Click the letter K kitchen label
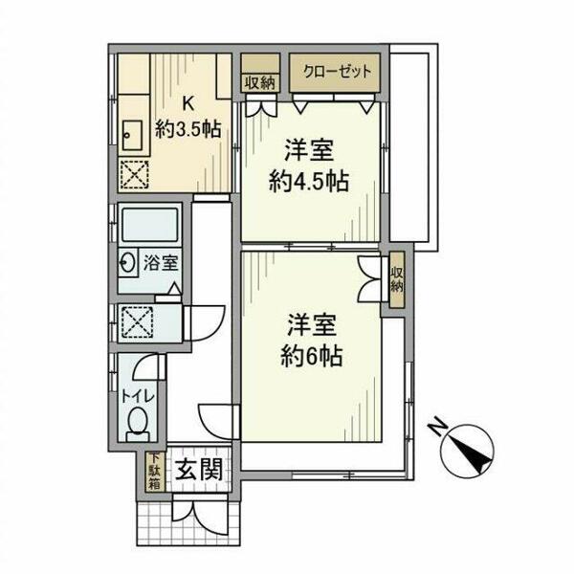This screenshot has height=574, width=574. pos(188,104)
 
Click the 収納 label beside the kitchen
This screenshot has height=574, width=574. pos(258,82)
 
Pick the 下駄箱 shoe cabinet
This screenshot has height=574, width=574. pos(154,472)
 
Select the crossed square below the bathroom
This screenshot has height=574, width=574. pos(134,323)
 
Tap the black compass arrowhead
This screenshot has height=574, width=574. pos(472,451)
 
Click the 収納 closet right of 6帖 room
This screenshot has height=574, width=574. pos(396,280)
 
